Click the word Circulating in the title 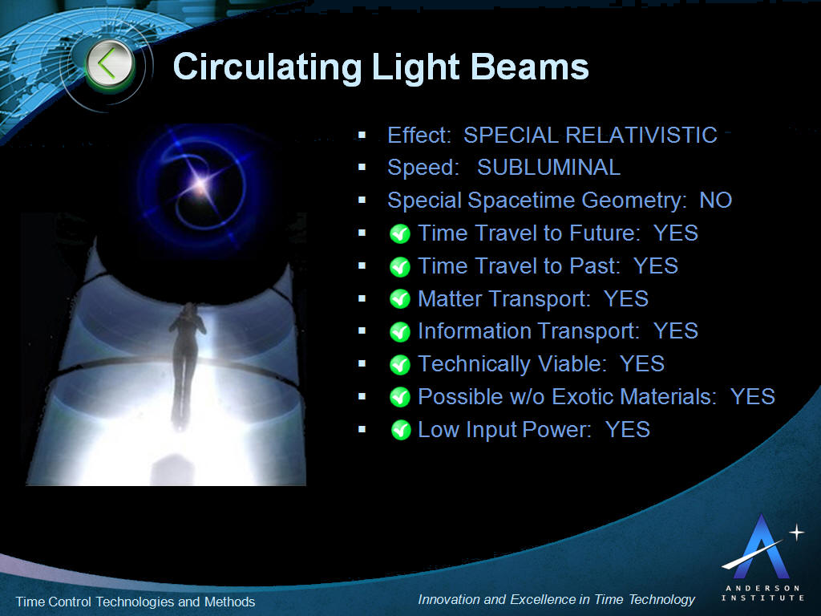(x=267, y=67)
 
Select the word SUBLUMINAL (x=548, y=168)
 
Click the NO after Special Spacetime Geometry (x=716, y=200)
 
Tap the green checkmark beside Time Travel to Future (x=400, y=233)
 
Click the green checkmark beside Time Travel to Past (x=400, y=266)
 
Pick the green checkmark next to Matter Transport (x=400, y=299)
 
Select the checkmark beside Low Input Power (x=401, y=430)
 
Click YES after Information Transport (x=676, y=331)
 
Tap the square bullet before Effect (x=362, y=135)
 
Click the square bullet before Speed (x=362, y=168)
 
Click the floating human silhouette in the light (x=186, y=362)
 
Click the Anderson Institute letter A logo (x=762, y=547)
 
